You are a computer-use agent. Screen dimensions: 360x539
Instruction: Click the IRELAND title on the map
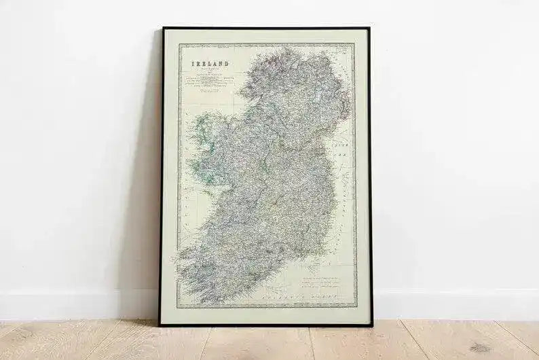pyautogui.click(x=210, y=63)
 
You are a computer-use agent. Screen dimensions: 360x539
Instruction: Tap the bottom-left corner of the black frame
pyautogui.click(x=160, y=325)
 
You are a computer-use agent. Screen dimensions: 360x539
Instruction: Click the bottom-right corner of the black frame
pyautogui.click(x=371, y=325)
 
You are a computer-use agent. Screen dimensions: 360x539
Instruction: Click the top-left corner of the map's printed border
pyautogui.click(x=179, y=44)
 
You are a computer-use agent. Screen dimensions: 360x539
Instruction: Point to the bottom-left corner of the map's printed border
pyautogui.click(x=177, y=308)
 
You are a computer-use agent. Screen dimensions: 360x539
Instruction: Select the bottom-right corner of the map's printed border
pyautogui.click(x=356, y=308)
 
